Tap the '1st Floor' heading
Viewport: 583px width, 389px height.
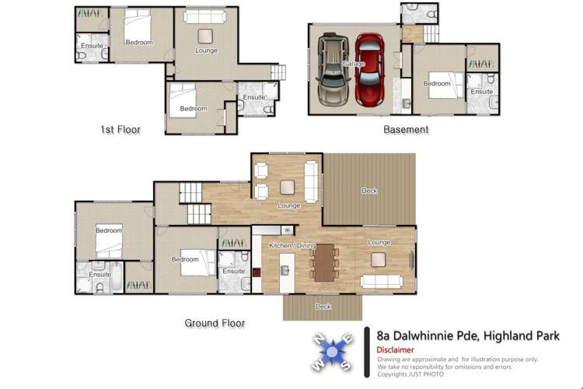pos(120,130)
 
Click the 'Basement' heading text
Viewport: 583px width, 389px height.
pos(406,130)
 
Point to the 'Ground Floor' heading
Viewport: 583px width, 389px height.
pos(215,323)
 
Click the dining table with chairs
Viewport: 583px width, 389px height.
pos(323,261)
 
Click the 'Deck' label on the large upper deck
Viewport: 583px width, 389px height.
pos(370,191)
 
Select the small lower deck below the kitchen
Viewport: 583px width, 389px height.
pos(323,307)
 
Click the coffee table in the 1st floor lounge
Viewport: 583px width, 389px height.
pos(206,35)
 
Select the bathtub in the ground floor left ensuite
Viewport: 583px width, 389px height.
pos(116,276)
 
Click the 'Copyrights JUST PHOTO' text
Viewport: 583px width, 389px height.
pos(410,374)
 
